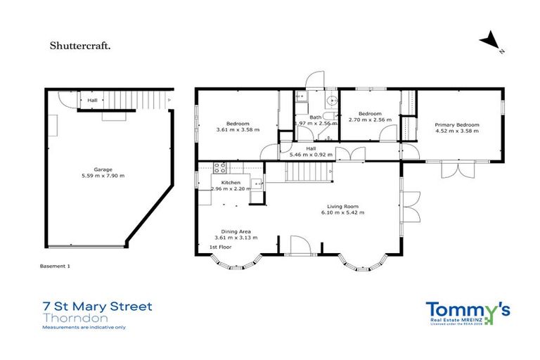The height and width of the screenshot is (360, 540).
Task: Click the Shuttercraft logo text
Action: pos(79,46)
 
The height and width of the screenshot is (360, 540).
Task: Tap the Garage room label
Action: pos(103,169)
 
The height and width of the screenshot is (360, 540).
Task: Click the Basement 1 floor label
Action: pos(55,266)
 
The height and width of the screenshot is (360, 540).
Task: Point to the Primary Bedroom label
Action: pos(457,124)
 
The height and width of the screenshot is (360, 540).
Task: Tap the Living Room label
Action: pos(340,206)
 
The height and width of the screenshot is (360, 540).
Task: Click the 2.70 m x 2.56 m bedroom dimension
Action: pos(369,120)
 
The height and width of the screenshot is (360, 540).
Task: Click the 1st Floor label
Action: pos(220,248)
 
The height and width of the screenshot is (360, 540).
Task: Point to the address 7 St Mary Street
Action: pos(97,307)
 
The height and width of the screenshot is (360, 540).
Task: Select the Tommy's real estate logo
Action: pos(468,312)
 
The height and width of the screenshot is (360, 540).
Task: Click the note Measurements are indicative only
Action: pos(84,328)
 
